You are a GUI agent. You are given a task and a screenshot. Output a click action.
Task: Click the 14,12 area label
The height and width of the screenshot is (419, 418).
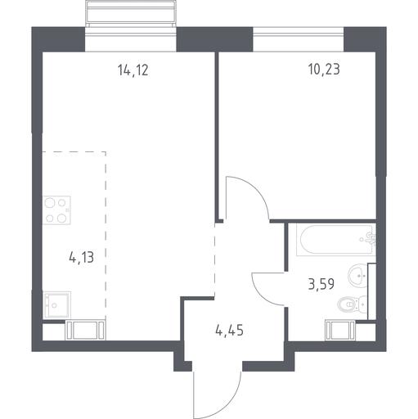click(133, 70)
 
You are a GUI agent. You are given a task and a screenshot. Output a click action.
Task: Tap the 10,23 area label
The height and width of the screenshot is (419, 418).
click(324, 70)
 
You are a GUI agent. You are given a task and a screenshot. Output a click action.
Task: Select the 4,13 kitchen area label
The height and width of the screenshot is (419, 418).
click(82, 258)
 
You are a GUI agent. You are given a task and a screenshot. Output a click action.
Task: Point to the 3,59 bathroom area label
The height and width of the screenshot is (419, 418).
click(321, 284)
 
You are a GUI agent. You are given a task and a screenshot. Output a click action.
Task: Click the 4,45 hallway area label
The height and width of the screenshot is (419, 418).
click(229, 331)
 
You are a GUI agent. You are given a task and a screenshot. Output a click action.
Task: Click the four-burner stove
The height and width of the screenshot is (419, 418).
click(56, 210)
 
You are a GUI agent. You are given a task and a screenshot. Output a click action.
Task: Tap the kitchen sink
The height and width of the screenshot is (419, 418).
click(56, 304)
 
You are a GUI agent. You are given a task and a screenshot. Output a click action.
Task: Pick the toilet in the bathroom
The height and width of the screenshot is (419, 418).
click(352, 304)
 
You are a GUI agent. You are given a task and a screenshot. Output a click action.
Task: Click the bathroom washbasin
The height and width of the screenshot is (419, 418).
click(358, 275)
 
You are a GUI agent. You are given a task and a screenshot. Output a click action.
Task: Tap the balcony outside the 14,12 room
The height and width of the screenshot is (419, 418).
click(131, 14)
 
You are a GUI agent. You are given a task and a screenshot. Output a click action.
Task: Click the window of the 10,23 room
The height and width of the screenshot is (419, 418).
click(299, 39)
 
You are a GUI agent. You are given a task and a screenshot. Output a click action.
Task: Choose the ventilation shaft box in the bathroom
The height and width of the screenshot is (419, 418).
click(340, 331)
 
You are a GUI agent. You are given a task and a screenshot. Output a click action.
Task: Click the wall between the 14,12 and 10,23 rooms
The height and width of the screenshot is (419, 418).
click(217, 137)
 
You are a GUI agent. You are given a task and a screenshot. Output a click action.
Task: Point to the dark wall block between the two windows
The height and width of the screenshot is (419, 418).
click(214, 39)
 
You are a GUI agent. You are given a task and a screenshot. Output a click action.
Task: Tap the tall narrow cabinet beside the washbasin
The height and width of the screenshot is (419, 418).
click(371, 291)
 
